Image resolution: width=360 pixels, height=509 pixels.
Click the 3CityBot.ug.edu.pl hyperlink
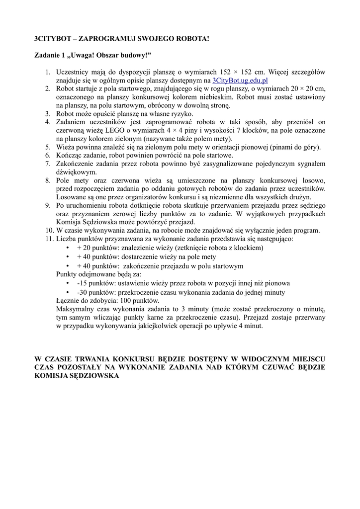pyautogui.click(x=240, y=80)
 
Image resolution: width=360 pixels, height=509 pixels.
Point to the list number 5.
pyautogui.click(x=48, y=147)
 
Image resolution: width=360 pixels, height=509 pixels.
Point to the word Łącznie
pyautogui.click(x=69, y=300)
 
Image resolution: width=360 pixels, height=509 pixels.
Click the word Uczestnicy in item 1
pyautogui.click(x=74, y=72)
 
